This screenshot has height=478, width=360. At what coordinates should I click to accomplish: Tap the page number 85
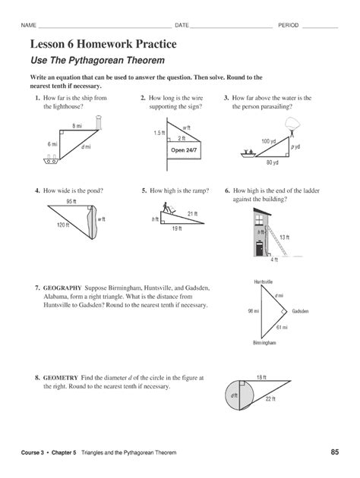pyautogui.click(x=334, y=453)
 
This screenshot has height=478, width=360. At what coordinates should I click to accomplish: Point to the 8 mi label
pyautogui.click(x=77, y=125)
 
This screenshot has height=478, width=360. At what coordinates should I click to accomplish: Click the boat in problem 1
pyautogui.click(x=52, y=160)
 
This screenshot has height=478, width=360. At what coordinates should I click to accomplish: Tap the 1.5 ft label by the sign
pyautogui.click(x=159, y=133)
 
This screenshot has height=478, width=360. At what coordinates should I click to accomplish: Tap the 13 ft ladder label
pyautogui.click(x=285, y=237)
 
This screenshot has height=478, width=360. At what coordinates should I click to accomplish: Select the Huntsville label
pyautogui.click(x=264, y=281)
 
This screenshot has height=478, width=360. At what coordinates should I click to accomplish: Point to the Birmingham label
pyautogui.click(x=264, y=343)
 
